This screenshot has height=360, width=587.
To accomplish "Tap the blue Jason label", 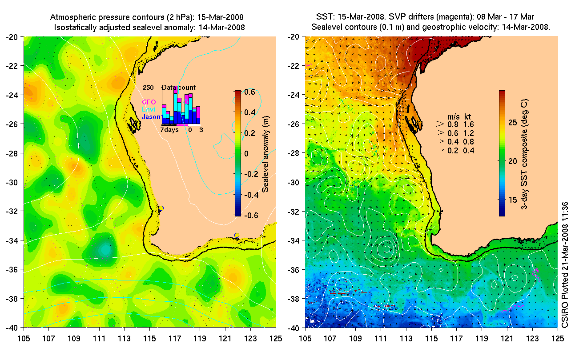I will coord(151,117).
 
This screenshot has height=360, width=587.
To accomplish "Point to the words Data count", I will coord(178,88).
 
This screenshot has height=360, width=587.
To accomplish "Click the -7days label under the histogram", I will coord(169,130).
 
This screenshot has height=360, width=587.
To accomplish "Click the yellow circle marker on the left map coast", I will coord(161,208).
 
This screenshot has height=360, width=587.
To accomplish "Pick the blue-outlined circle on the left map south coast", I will coord(237,236).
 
